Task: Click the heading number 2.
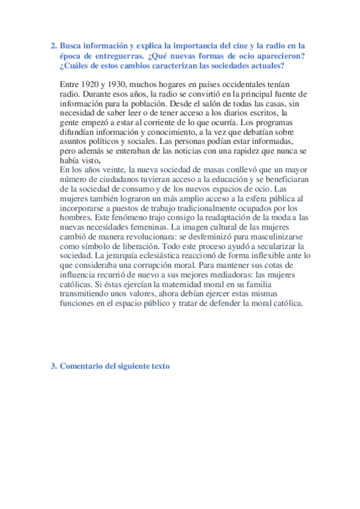[x=53, y=45]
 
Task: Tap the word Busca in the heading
[x=71, y=45]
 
